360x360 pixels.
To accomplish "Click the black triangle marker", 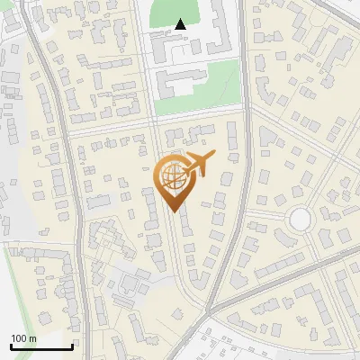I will [181, 24].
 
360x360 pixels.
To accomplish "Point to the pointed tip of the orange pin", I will [173, 211].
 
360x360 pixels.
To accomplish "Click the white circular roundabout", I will [299, 219].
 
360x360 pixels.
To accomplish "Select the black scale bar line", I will [41, 347].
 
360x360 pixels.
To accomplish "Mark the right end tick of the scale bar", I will [71, 346].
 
